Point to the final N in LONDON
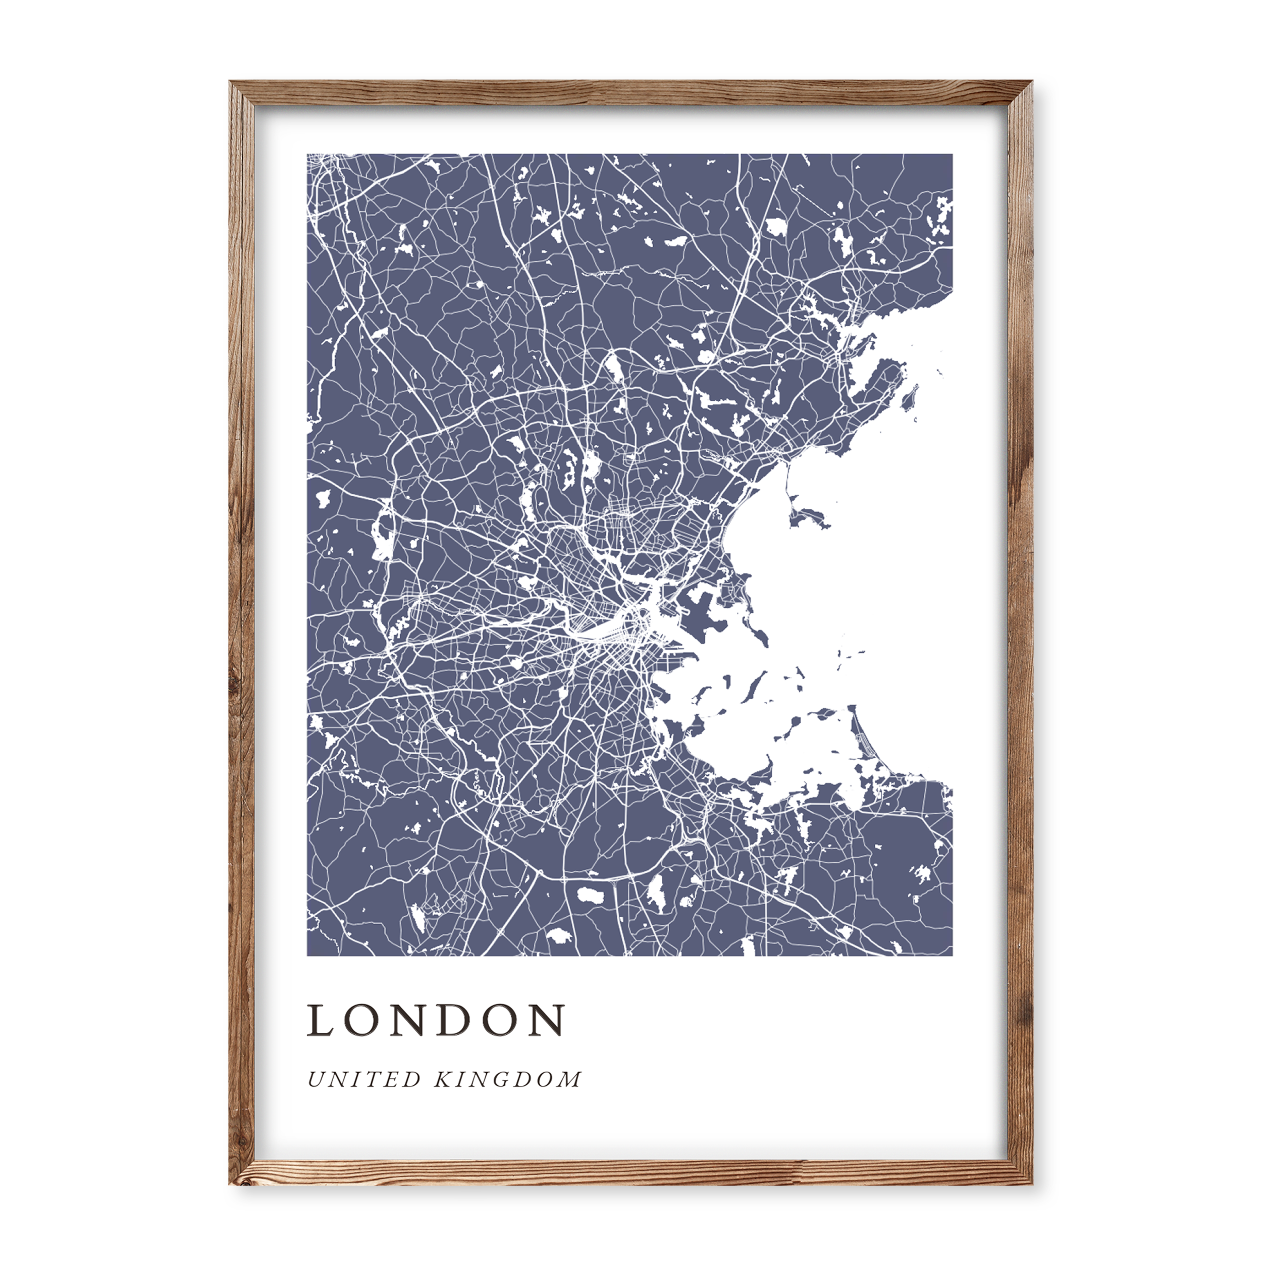549,1020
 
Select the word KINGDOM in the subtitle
507,1079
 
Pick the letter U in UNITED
315,1079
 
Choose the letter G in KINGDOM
503,1079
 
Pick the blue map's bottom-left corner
307,956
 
